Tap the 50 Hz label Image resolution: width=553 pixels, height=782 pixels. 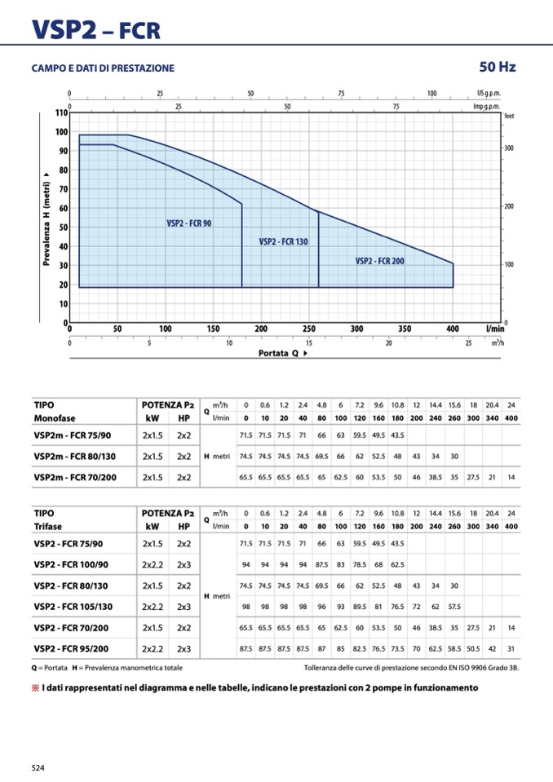tap(498, 67)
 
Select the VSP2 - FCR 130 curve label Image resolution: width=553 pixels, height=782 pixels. tap(283, 241)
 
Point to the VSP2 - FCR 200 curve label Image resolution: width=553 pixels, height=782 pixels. tap(380, 261)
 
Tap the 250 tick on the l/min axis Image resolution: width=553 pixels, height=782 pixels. tap(309, 329)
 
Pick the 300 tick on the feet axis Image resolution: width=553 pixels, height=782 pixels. tap(509, 148)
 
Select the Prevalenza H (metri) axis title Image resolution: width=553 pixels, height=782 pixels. tap(46, 218)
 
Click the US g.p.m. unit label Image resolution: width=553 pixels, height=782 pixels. tap(489, 93)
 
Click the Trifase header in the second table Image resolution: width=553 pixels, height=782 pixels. tap(48, 526)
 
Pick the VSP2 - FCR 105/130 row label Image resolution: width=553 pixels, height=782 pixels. tap(73, 607)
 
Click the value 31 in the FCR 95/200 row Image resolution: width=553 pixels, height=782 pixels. tap(511, 649)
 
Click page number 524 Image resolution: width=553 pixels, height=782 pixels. tap(39, 767)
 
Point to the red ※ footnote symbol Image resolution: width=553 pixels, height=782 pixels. tap(35, 687)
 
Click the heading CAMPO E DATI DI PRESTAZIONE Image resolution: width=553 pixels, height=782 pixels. tap(103, 68)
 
